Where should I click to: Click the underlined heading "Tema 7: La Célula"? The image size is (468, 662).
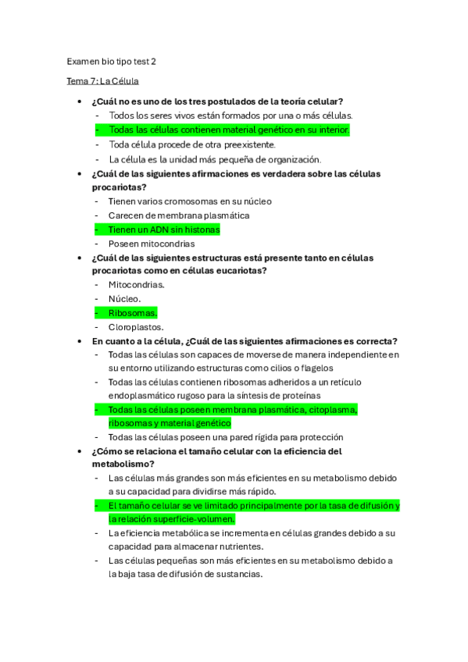[103, 81]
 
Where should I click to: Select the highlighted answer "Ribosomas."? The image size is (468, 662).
[133, 313]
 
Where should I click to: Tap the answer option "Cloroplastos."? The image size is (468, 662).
[136, 328]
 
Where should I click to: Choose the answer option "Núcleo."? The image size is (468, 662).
[125, 299]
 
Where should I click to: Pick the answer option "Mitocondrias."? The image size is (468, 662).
[137, 285]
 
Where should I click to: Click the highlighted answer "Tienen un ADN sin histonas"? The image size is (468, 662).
[164, 230]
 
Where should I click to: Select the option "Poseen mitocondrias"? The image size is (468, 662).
[152, 244]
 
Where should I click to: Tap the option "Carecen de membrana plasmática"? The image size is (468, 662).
[179, 215]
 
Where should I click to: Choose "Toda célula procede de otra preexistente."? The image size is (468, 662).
[192, 144]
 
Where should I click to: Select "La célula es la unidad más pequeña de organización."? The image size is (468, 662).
[215, 159]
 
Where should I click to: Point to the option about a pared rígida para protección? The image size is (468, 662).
[226, 437]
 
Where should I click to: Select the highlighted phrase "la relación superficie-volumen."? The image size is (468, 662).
[171, 519]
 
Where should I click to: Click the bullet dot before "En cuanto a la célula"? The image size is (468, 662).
[80, 342]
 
